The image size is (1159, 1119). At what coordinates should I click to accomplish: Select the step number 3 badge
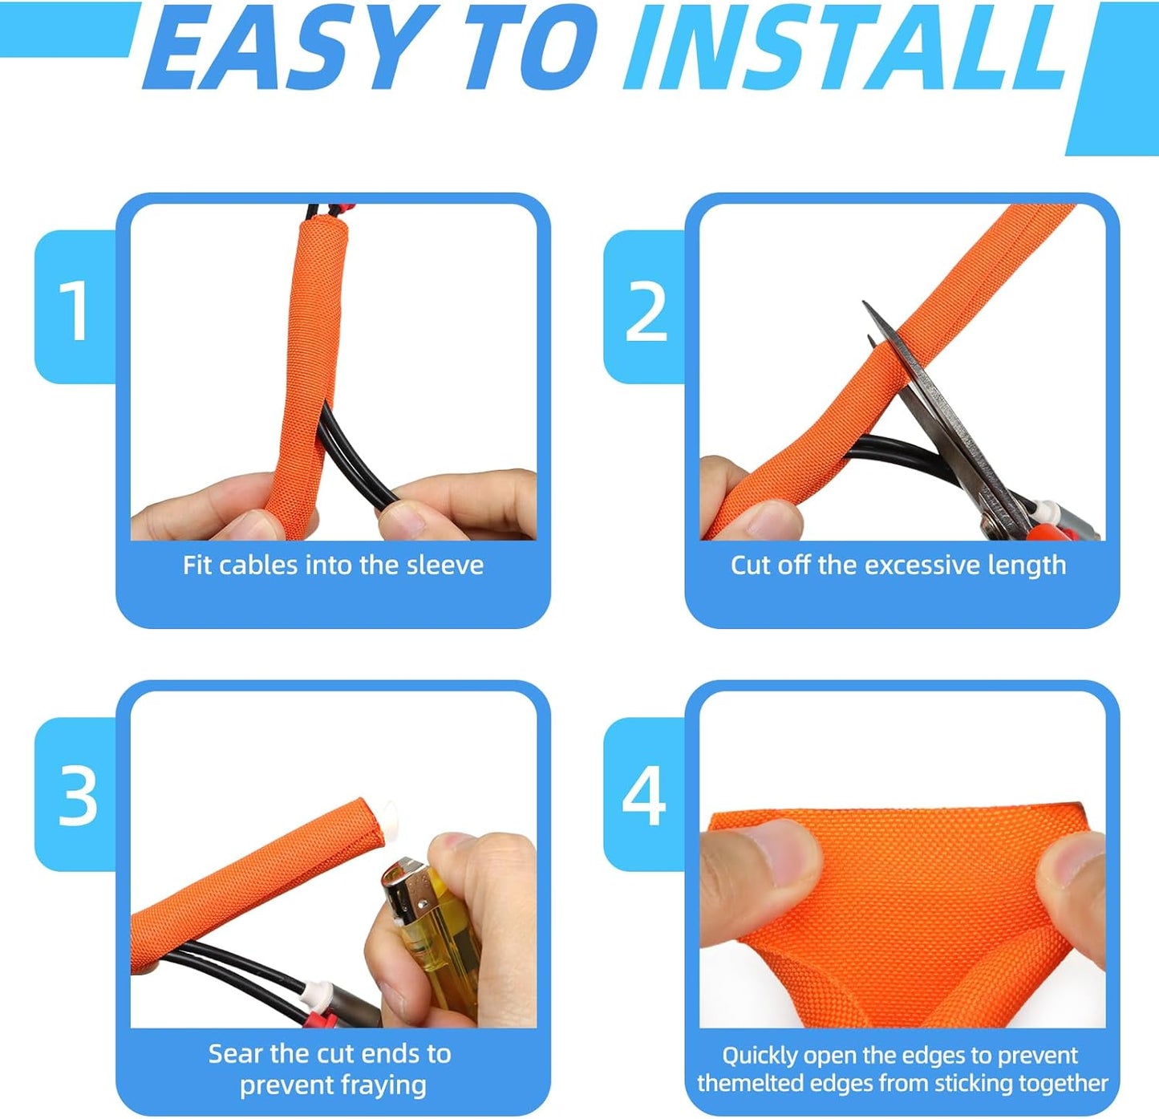[x=77, y=796]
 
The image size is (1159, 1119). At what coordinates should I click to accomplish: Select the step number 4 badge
[x=644, y=796]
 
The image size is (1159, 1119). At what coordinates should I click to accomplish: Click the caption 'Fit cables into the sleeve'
[x=333, y=566]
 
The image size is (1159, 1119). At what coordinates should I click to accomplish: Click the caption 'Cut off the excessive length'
[x=898, y=566]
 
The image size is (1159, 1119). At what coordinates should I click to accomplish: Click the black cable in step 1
[x=353, y=457]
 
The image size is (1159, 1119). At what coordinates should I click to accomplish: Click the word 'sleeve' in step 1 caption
[x=444, y=566]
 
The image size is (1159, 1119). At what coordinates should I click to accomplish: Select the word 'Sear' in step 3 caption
[x=236, y=1053]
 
